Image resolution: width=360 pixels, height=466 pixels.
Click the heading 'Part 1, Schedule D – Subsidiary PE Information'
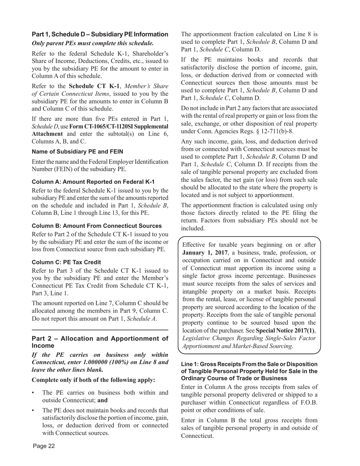tap(100, 34)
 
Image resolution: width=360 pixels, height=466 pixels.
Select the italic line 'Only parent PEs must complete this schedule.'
tap(93, 43)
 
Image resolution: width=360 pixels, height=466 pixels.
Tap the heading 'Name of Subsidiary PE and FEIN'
tap(77, 152)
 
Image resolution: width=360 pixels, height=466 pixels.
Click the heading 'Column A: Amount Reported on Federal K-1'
tap(93, 182)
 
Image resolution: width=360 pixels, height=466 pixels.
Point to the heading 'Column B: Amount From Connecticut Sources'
tap(97, 226)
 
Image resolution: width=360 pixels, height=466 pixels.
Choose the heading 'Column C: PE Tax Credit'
tap(66, 262)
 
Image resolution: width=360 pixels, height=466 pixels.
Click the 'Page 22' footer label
tap(44, 446)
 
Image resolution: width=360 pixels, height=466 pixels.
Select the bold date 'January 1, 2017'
tap(205, 253)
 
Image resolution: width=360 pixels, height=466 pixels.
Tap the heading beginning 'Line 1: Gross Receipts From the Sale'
tap(249, 371)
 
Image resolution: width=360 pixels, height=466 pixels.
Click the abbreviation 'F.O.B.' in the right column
tap(307, 402)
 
